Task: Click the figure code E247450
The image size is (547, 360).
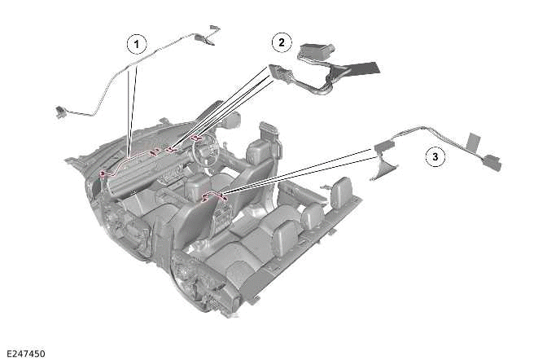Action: (x=25, y=353)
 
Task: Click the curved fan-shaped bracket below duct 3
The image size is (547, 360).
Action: (x=385, y=168)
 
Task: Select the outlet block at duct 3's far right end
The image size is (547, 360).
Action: (x=491, y=163)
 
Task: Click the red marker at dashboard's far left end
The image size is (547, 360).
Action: (x=103, y=172)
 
